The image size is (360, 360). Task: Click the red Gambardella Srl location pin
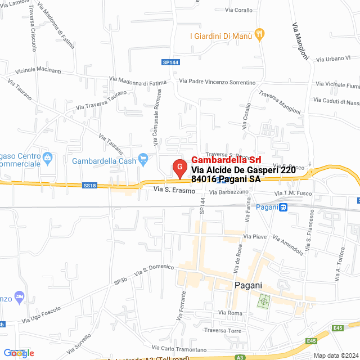[x=179, y=168]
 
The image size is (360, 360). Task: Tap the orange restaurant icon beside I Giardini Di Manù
[x=259, y=35]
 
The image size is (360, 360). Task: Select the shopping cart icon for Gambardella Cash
[x=143, y=160]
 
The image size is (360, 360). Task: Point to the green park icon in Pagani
[x=263, y=301]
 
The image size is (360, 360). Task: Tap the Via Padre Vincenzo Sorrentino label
[x=217, y=82]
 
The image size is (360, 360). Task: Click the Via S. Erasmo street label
[x=174, y=191]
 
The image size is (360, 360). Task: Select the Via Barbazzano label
[x=228, y=192]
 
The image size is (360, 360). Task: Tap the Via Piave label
[x=255, y=236]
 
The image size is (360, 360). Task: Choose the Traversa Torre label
[x=223, y=330]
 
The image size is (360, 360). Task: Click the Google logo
[x=19, y=353]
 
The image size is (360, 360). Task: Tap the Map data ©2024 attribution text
[x=336, y=355]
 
